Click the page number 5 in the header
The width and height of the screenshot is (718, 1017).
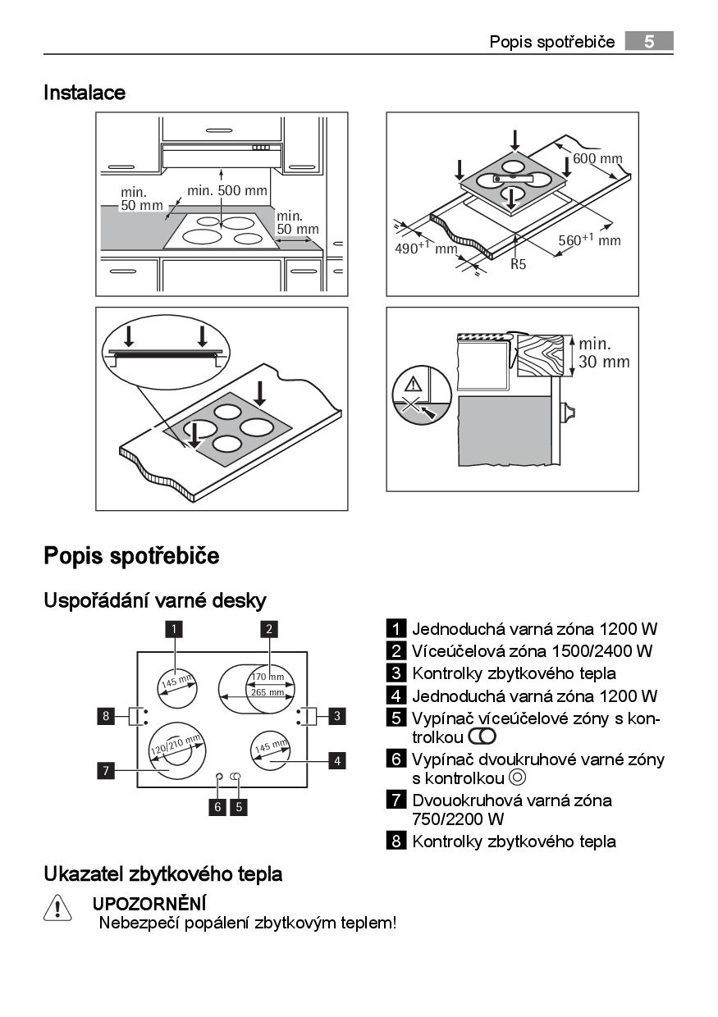tap(648, 42)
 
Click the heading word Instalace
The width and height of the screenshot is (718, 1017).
tap(85, 93)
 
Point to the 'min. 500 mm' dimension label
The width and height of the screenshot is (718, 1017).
tap(227, 190)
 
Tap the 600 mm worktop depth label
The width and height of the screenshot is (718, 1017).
tap(597, 158)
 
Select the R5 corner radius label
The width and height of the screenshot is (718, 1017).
tap(518, 264)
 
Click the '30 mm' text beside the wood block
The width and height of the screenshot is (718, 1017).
tap(604, 362)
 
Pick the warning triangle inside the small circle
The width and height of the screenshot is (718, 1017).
tap(413, 385)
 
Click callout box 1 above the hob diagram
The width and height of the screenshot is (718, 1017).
tap(173, 629)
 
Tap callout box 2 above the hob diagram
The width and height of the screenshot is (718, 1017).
tap(269, 629)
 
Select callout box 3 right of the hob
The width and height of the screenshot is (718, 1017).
tap(337, 716)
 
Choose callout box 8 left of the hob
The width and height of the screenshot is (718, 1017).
tap(106, 716)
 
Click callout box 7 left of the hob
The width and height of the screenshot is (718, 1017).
tap(106, 770)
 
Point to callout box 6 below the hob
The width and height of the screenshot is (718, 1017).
tap(217, 807)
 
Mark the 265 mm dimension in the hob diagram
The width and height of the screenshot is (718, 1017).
tap(268, 692)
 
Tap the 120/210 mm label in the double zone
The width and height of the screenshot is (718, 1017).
tap(176, 745)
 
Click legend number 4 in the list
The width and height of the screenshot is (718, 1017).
tap(396, 695)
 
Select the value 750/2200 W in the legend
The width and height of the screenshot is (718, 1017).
tap(458, 819)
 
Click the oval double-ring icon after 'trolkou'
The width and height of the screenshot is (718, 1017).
tap(482, 737)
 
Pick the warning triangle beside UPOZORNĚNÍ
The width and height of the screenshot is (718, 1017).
tap(57, 908)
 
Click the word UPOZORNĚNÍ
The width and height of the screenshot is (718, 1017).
tap(149, 904)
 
